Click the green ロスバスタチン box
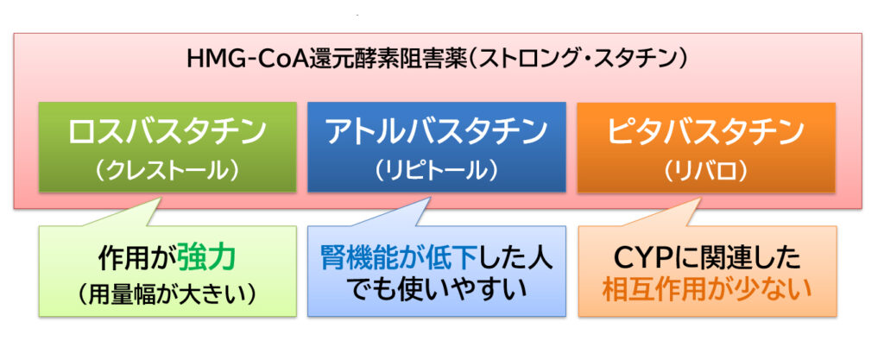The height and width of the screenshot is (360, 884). (167, 147)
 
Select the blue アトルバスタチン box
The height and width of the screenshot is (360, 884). (436, 147)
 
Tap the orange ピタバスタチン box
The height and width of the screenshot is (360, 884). (706, 147)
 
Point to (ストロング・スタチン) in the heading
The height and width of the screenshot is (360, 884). (580, 59)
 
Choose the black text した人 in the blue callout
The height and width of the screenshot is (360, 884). (517, 259)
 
